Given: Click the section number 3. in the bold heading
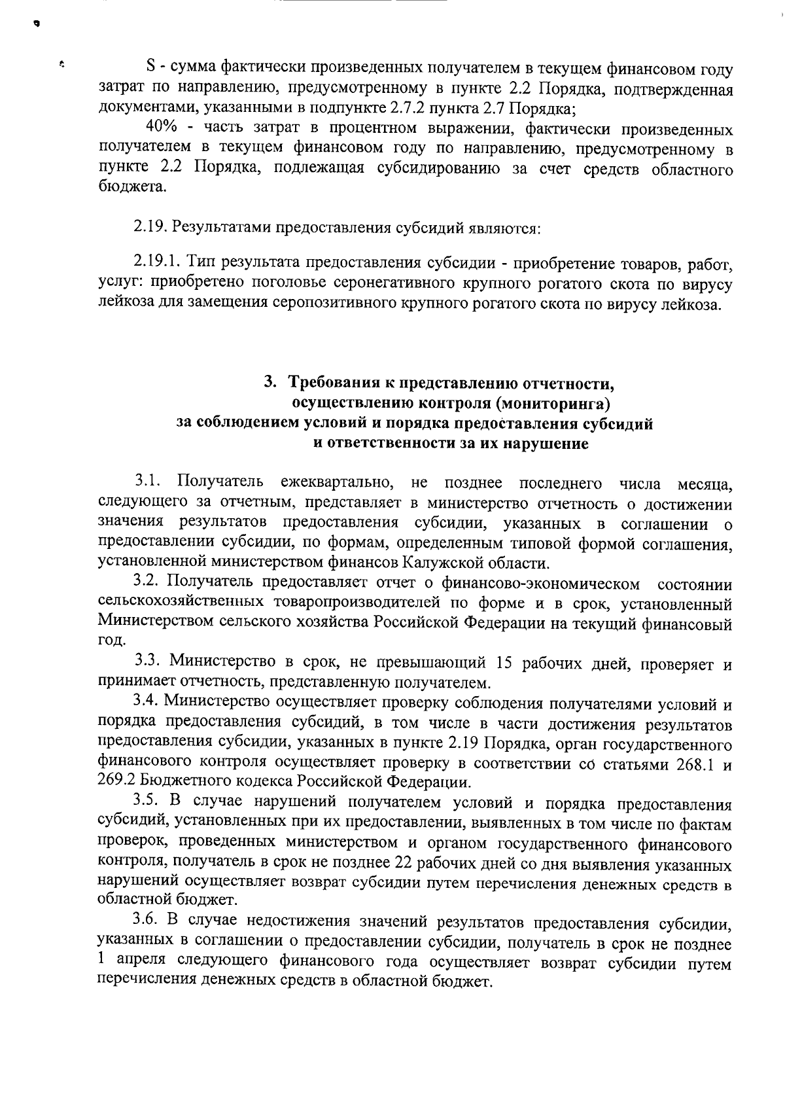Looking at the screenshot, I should (x=269, y=382).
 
